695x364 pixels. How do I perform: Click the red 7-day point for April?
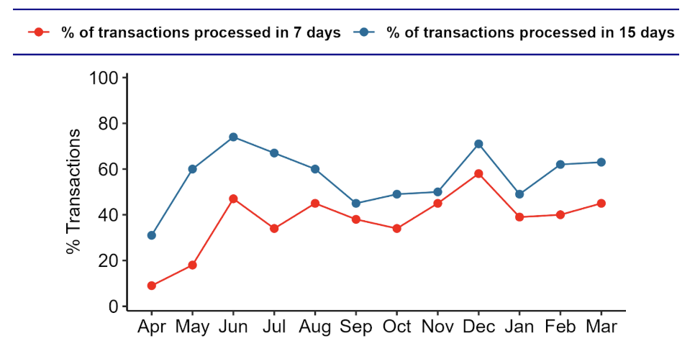click(151, 286)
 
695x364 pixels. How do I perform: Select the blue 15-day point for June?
click(233, 137)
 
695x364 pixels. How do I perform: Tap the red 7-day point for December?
click(478, 173)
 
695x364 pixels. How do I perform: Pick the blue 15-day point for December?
click(478, 144)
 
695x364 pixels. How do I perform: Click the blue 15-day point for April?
click(151, 235)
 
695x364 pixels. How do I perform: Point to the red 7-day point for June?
click(233, 199)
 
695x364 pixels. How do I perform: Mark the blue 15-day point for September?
click(356, 203)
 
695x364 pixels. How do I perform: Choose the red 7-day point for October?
click(396, 229)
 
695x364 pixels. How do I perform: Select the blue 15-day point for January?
click(519, 194)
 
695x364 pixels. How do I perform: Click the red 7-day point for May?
click(192, 265)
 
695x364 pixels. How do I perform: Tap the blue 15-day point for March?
click(601, 162)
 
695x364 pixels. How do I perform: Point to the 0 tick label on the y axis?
click(112, 306)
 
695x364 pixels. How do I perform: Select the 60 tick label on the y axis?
click(108, 169)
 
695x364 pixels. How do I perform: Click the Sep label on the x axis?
click(356, 327)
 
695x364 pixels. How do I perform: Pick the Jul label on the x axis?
click(274, 327)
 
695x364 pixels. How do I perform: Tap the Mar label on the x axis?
click(601, 327)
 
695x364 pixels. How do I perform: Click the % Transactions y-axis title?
click(73, 192)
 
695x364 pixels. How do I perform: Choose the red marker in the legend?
click(39, 32)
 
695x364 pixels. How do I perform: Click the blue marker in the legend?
click(364, 32)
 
